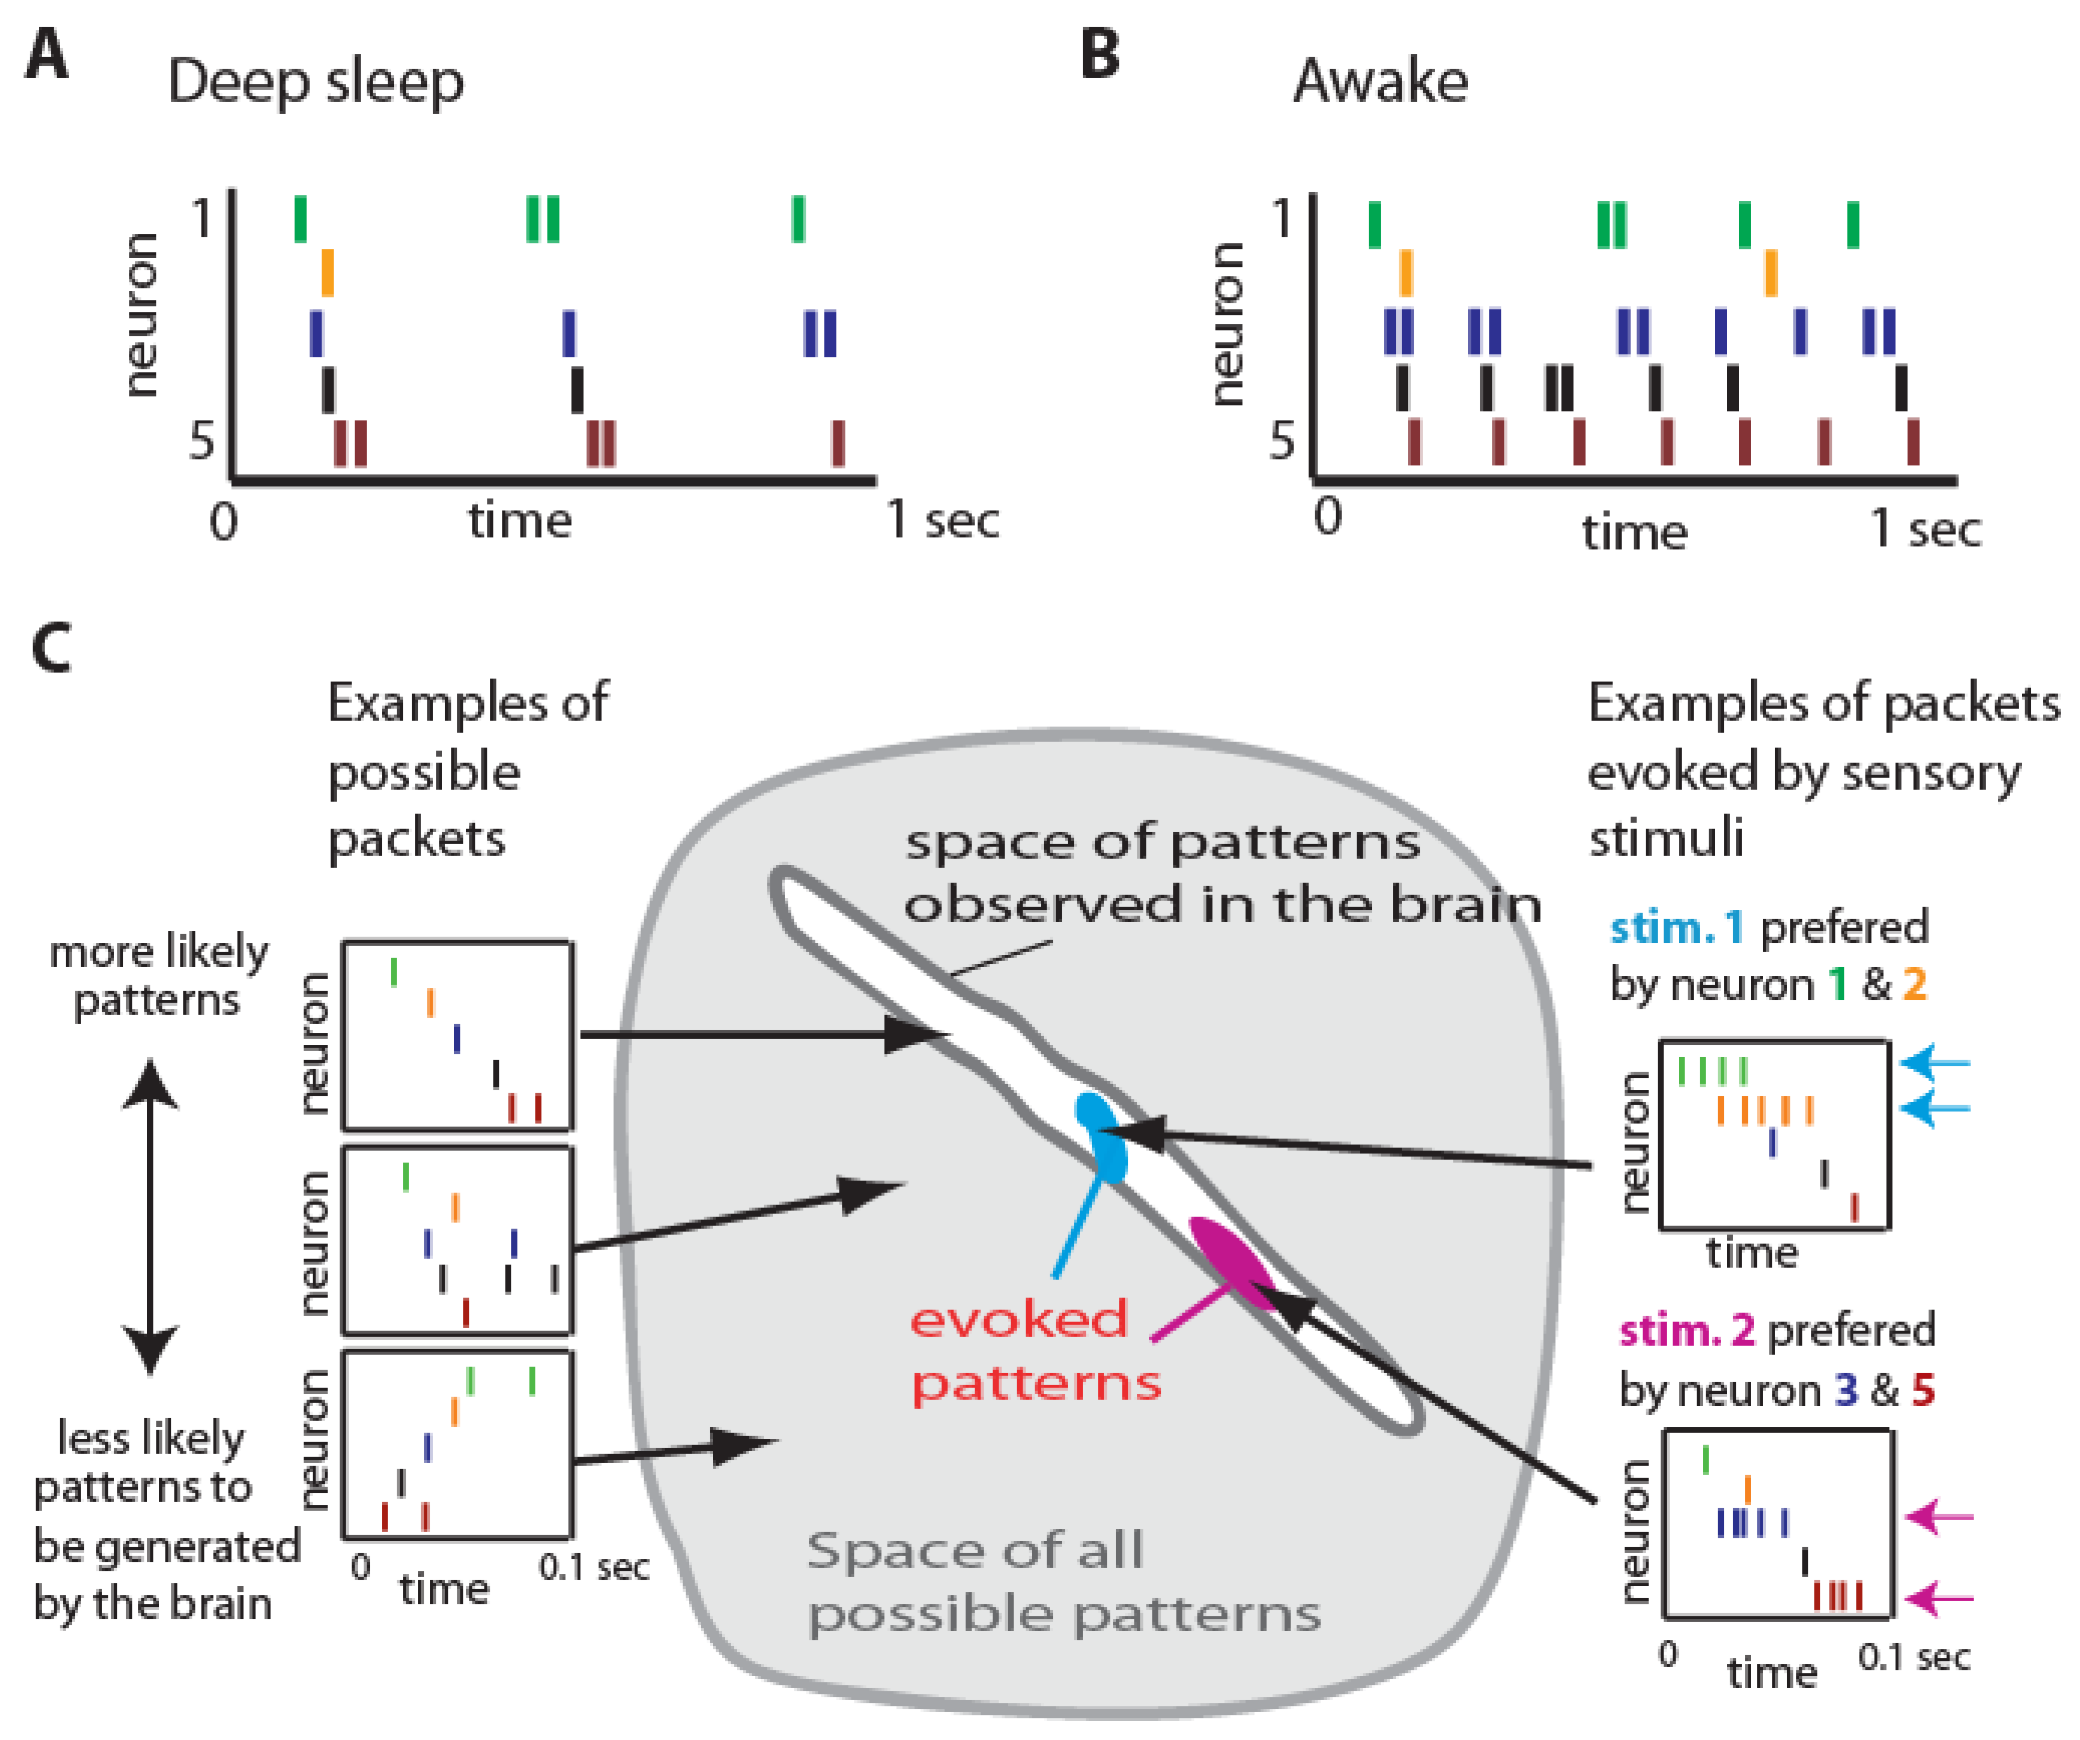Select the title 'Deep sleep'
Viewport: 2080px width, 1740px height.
315,81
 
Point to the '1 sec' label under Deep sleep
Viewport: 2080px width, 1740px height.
942,519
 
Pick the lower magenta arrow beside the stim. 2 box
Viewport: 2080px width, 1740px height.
1939,1598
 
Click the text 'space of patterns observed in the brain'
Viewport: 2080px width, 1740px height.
1221,874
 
